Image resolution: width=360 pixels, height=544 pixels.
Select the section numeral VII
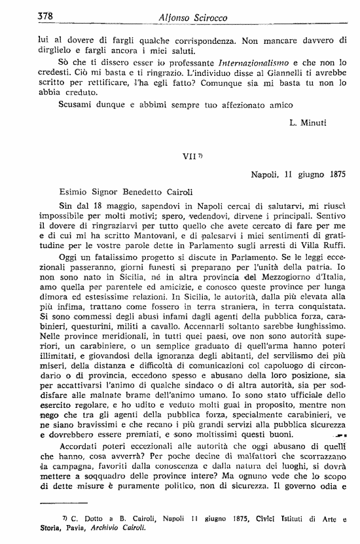188,157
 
